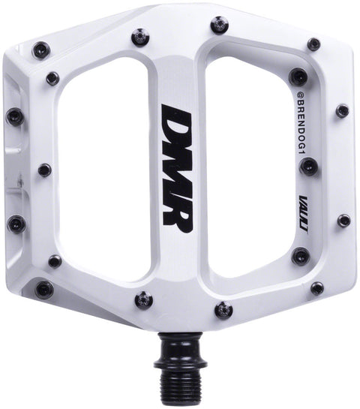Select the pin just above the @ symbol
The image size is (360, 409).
298,76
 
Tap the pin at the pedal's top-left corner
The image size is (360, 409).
41,50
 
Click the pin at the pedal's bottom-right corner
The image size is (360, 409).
317,288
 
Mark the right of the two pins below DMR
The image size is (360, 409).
223,309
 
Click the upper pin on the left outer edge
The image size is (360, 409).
14,116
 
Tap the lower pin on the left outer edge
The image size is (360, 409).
15,223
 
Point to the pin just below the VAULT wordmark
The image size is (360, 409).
300,256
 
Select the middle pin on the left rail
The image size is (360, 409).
44,170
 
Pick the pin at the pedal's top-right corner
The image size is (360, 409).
313,44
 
